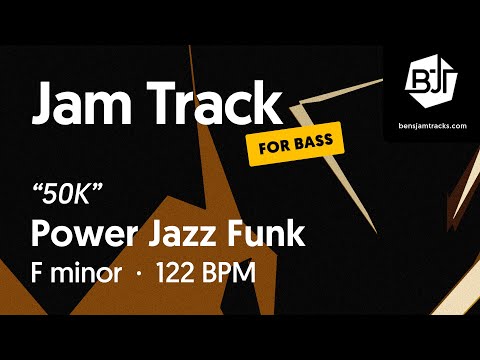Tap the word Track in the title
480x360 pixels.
pyautogui.click(x=212, y=103)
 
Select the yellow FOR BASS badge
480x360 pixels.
pyautogui.click(x=295, y=144)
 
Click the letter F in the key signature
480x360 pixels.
pyautogui.click(x=39, y=272)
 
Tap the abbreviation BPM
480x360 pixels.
pyautogui.click(x=231, y=272)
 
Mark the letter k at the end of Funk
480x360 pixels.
pyautogui.click(x=294, y=233)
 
